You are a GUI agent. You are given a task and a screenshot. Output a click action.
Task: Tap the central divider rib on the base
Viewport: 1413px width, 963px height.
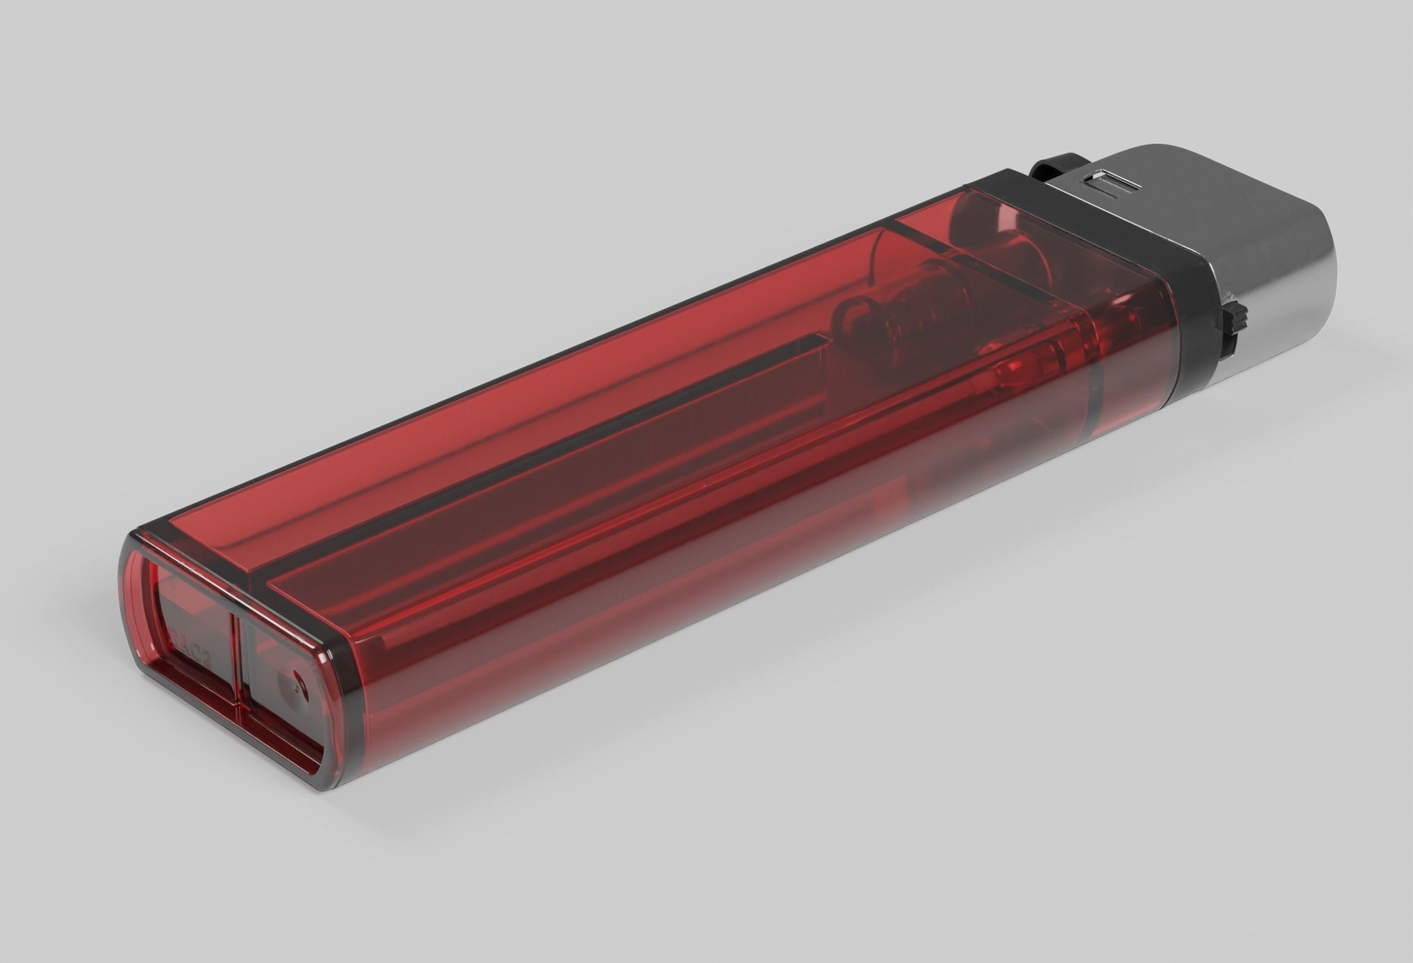click(x=237, y=668)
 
